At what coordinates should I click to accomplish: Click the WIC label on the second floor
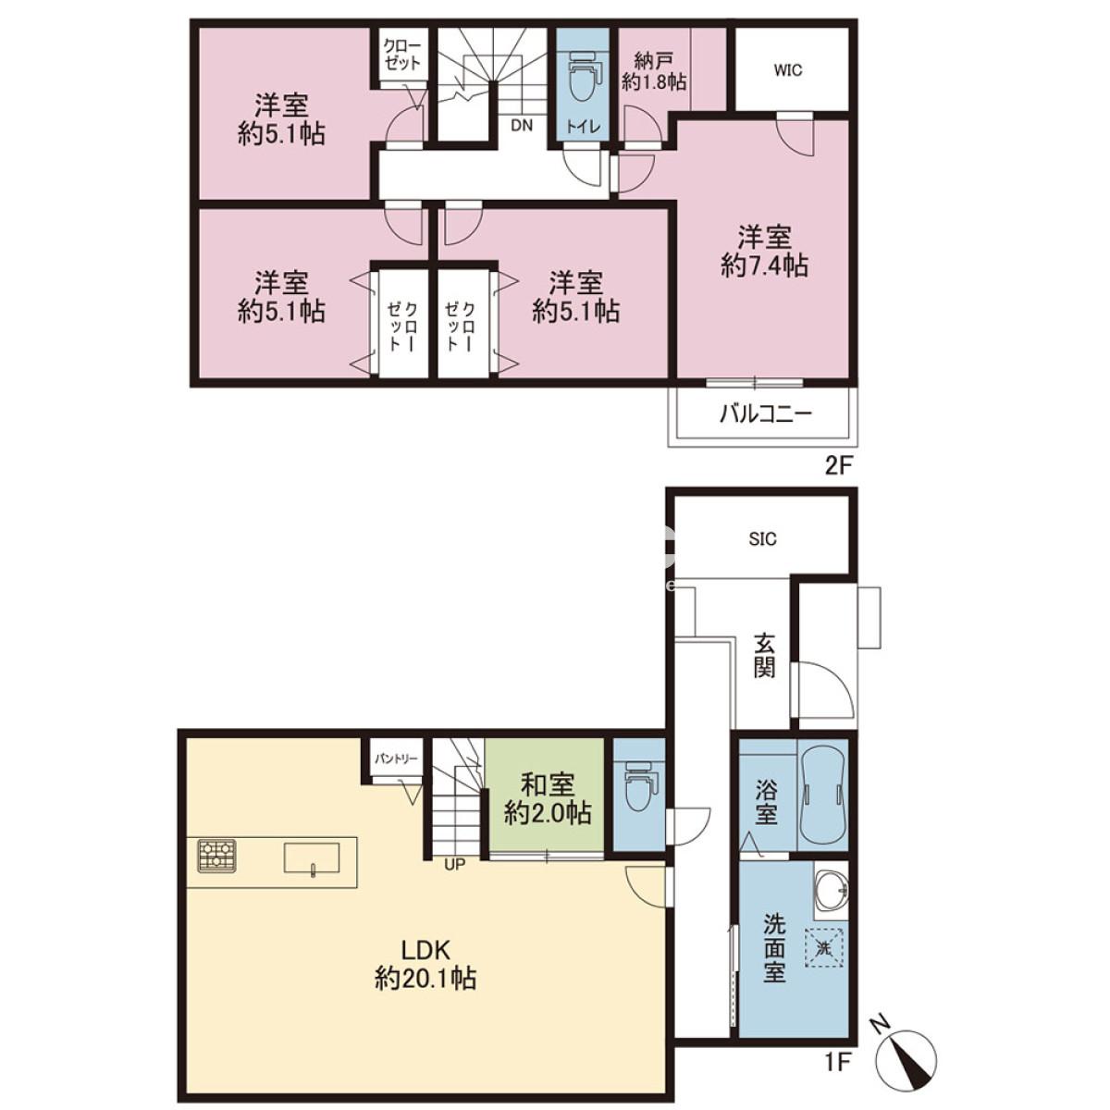788,71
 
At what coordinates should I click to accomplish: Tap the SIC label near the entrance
763,539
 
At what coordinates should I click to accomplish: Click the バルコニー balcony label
766,414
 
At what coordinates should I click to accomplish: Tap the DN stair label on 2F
522,125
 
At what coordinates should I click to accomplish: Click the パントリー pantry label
396,758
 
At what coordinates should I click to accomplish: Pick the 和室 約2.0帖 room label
548,799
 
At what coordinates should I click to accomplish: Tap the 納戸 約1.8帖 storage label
654,71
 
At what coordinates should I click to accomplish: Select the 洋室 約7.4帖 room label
764,252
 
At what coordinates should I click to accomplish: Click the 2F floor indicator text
838,465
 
